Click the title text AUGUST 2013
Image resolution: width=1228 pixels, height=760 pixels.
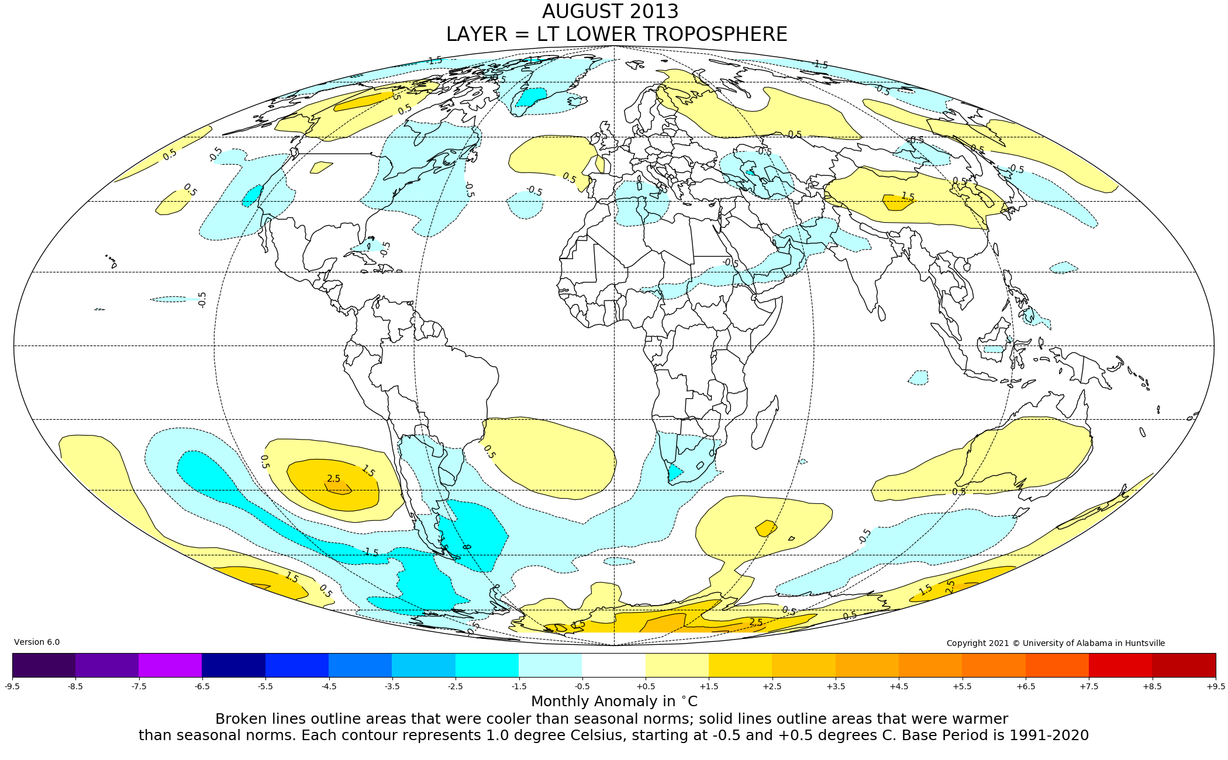610,12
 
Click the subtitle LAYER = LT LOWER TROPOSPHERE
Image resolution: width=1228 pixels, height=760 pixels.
616,34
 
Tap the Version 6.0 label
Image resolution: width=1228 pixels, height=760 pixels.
37,642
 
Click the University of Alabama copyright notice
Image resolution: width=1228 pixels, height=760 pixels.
1055,643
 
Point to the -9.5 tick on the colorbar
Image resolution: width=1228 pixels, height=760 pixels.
12,686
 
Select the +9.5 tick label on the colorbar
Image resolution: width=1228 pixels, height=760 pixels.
1215,686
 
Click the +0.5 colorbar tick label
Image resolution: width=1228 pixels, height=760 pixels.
646,686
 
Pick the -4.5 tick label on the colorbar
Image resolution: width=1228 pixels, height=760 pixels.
329,686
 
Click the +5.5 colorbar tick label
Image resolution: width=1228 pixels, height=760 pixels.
962,686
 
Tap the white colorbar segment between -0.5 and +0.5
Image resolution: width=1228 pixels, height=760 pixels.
613,665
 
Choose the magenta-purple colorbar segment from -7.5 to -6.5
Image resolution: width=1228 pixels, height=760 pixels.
170,665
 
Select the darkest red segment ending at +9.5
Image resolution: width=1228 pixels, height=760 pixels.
1184,665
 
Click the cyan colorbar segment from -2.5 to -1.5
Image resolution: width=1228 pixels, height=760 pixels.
487,665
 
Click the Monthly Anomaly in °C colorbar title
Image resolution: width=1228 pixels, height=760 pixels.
614,702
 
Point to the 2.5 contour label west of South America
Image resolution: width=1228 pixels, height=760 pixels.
334,479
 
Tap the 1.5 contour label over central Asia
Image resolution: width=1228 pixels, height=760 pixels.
908,196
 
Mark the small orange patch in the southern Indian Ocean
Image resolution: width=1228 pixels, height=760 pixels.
766,528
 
